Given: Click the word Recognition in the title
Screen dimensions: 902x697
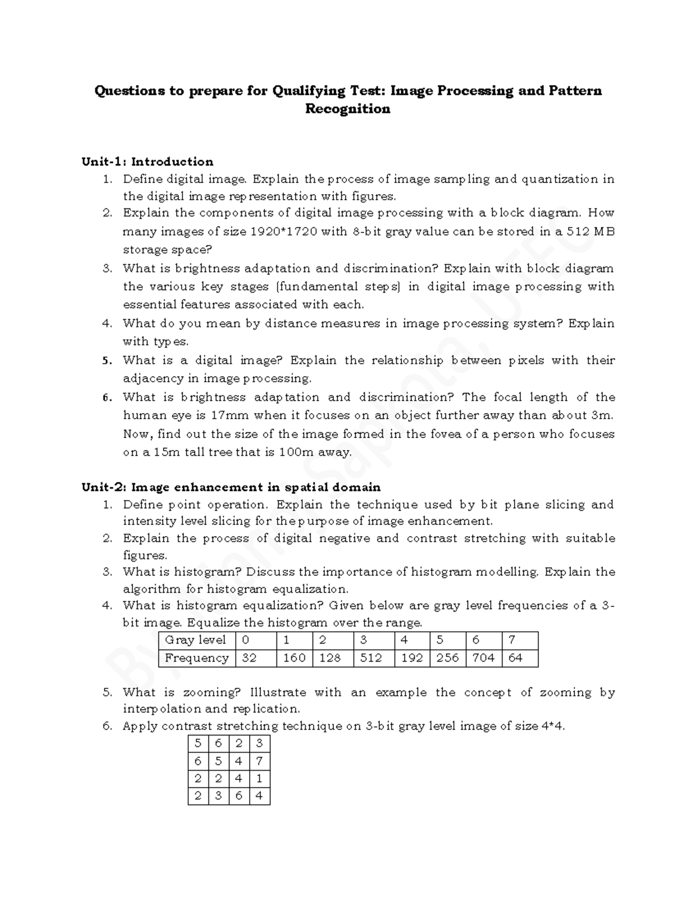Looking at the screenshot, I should (347, 109).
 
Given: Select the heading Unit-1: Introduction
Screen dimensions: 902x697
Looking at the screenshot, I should (148, 161).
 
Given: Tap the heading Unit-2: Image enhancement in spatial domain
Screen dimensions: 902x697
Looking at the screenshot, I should (231, 487).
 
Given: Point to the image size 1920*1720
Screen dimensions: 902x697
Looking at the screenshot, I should (283, 232).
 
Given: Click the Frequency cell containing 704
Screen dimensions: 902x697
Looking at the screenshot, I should (483, 657).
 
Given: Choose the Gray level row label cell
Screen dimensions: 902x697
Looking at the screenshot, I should (196, 640).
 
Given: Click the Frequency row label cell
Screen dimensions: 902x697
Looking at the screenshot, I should (196, 657).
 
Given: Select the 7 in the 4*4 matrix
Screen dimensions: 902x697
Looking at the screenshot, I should (259, 761).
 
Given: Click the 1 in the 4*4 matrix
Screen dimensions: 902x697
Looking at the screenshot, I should (259, 778).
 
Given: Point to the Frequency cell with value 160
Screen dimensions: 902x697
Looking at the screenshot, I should (294, 657).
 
